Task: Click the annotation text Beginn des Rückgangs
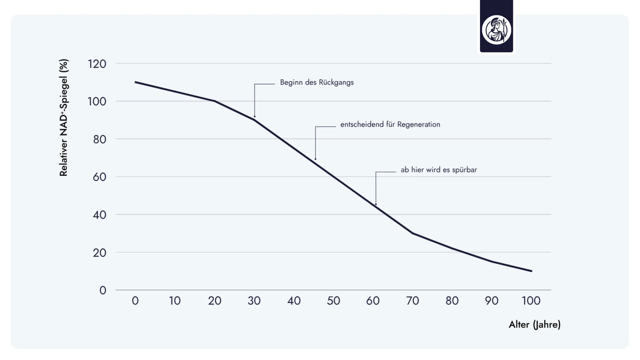pyautogui.click(x=316, y=83)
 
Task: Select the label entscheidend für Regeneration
pyautogui.click(x=390, y=124)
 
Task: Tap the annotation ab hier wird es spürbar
pyautogui.click(x=439, y=170)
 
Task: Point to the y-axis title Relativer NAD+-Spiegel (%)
pyautogui.click(x=64, y=118)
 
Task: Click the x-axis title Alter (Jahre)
pyautogui.click(x=534, y=325)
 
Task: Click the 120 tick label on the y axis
pyautogui.click(x=97, y=64)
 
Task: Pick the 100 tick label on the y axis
pyautogui.click(x=97, y=101)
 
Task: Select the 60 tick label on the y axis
pyautogui.click(x=100, y=177)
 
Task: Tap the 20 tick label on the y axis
pyautogui.click(x=100, y=252)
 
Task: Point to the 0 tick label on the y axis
pyautogui.click(x=103, y=290)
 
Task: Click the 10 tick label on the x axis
pyautogui.click(x=175, y=301)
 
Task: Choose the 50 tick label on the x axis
pyautogui.click(x=333, y=301)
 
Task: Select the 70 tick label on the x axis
pyautogui.click(x=412, y=301)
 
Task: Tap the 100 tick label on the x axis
pyautogui.click(x=531, y=301)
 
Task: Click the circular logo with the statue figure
pyautogui.click(x=496, y=30)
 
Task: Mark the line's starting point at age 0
pyautogui.click(x=135, y=82)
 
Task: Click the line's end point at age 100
pyautogui.click(x=531, y=271)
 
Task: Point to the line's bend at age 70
pyautogui.click(x=412, y=233)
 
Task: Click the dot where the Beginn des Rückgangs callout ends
pyautogui.click(x=255, y=116)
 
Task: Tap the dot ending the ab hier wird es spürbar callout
pyautogui.click(x=376, y=204)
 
